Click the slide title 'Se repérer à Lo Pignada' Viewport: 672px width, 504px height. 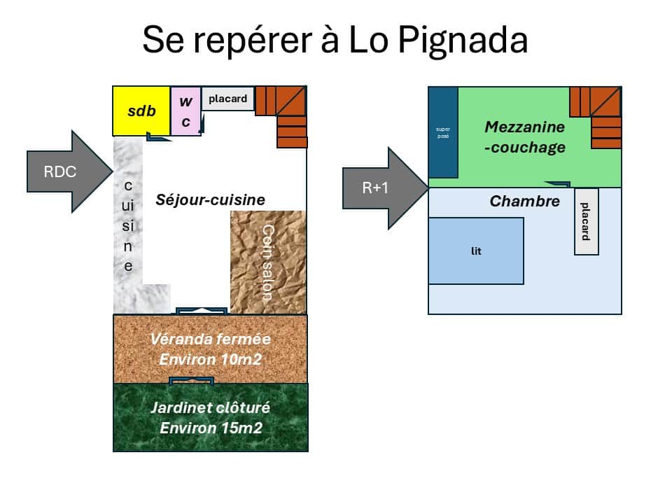pyautogui.click(x=335, y=40)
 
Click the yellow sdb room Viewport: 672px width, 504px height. pyautogui.click(x=141, y=111)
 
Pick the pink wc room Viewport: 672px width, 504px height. pyautogui.click(x=185, y=111)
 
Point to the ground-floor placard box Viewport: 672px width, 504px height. pyautogui.click(x=227, y=99)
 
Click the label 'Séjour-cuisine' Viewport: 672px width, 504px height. pyautogui.click(x=210, y=200)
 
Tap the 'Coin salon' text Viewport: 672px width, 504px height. pyautogui.click(x=267, y=262)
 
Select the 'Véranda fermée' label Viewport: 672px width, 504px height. pyautogui.click(x=210, y=339)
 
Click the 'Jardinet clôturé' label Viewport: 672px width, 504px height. pyautogui.click(x=210, y=408)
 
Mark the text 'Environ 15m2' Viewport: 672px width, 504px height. pyautogui.click(x=210, y=428)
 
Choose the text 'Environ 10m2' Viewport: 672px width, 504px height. pyautogui.click(x=210, y=359)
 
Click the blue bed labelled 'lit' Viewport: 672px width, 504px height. pyautogui.click(x=476, y=251)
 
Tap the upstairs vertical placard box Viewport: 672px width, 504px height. pyautogui.click(x=586, y=221)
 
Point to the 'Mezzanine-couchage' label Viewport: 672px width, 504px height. pyautogui.click(x=524, y=137)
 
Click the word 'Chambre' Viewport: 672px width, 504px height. pyautogui.click(x=524, y=202)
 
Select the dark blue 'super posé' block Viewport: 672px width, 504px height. pyautogui.click(x=442, y=133)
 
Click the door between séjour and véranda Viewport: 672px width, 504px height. pyautogui.click(x=201, y=309)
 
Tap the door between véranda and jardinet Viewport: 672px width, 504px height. pyautogui.click(x=192, y=381)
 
